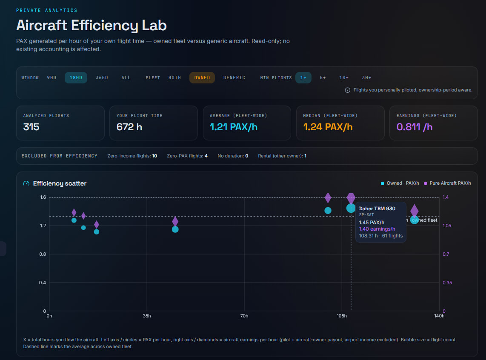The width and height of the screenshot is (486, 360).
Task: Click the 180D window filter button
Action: tap(76, 78)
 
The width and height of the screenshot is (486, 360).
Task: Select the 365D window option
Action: tap(102, 78)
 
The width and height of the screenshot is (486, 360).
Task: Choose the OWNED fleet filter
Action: tap(202, 78)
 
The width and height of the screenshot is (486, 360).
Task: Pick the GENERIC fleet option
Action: tap(234, 78)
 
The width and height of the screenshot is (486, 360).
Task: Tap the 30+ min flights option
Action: tap(367, 78)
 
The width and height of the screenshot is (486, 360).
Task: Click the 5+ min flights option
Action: tap(323, 78)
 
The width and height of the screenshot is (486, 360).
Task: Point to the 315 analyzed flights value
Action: tap(31, 127)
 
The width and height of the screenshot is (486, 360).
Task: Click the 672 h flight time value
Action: tap(129, 127)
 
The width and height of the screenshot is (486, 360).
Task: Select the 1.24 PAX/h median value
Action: tap(328, 127)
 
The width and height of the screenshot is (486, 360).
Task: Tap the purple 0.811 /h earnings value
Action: tap(415, 127)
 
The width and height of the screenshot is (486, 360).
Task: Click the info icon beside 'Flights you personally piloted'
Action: tap(347, 90)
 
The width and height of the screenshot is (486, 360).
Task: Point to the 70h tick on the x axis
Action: tap(244, 316)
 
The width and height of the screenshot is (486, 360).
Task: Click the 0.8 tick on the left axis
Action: tap(43, 254)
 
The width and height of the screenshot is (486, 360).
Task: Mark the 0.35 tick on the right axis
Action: tap(447, 283)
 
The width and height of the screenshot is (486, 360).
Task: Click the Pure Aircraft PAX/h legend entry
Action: tap(447, 183)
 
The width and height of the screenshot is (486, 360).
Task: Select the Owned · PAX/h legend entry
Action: tap(400, 183)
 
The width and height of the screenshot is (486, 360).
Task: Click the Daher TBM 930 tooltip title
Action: tap(377, 209)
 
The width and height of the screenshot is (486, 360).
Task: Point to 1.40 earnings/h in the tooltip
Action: tap(377, 229)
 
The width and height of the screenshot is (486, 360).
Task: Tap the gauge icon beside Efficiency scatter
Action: tap(26, 183)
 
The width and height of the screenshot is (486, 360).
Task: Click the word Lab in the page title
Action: tap(154, 26)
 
